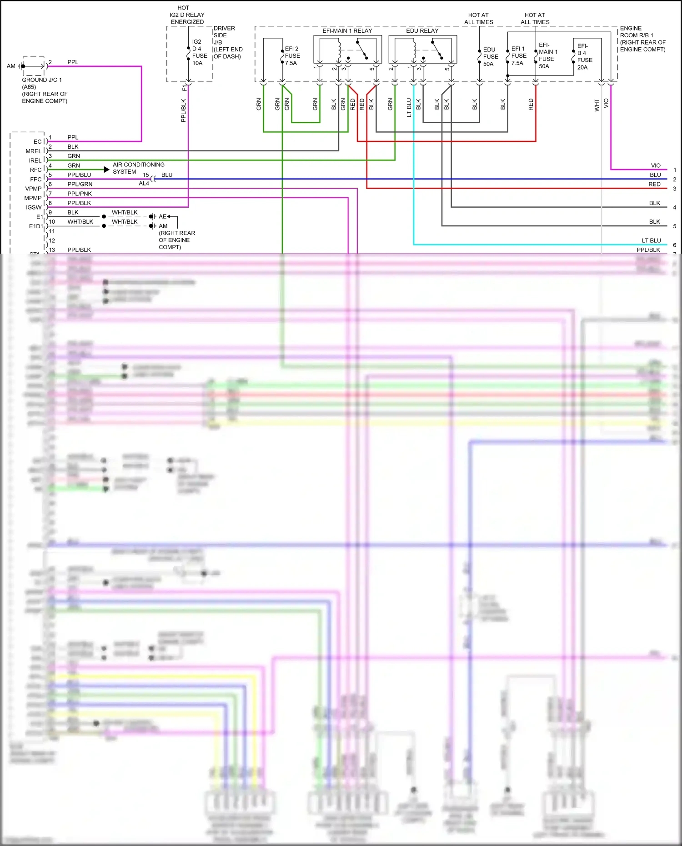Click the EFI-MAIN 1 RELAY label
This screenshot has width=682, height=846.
[x=347, y=30]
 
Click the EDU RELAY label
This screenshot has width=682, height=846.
[x=422, y=30]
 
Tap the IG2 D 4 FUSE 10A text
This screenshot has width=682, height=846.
[x=199, y=52]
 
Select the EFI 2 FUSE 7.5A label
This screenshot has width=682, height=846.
[x=292, y=56]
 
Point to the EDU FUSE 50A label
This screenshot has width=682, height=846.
[x=490, y=57]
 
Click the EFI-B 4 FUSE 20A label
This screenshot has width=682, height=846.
[x=584, y=57]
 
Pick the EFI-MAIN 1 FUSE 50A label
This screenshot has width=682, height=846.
[x=547, y=55]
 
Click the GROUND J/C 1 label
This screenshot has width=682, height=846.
[x=42, y=80]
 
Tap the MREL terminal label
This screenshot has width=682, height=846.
[x=33, y=151]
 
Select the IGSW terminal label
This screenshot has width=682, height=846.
[x=34, y=207]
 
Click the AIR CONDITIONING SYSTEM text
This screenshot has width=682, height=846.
[x=138, y=168]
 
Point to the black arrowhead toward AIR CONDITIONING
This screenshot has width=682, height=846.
[x=106, y=170]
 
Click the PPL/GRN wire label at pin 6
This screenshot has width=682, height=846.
[x=80, y=184]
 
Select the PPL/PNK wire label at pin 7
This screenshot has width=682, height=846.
[x=80, y=194]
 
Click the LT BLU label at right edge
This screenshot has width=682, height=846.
[x=651, y=240]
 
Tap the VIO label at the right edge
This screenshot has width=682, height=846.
[x=655, y=165]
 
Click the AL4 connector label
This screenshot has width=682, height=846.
[x=144, y=184]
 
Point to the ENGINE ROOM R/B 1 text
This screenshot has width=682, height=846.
[x=642, y=39]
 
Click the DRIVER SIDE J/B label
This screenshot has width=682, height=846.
[x=227, y=42]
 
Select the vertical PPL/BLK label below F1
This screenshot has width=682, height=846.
[x=184, y=110]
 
